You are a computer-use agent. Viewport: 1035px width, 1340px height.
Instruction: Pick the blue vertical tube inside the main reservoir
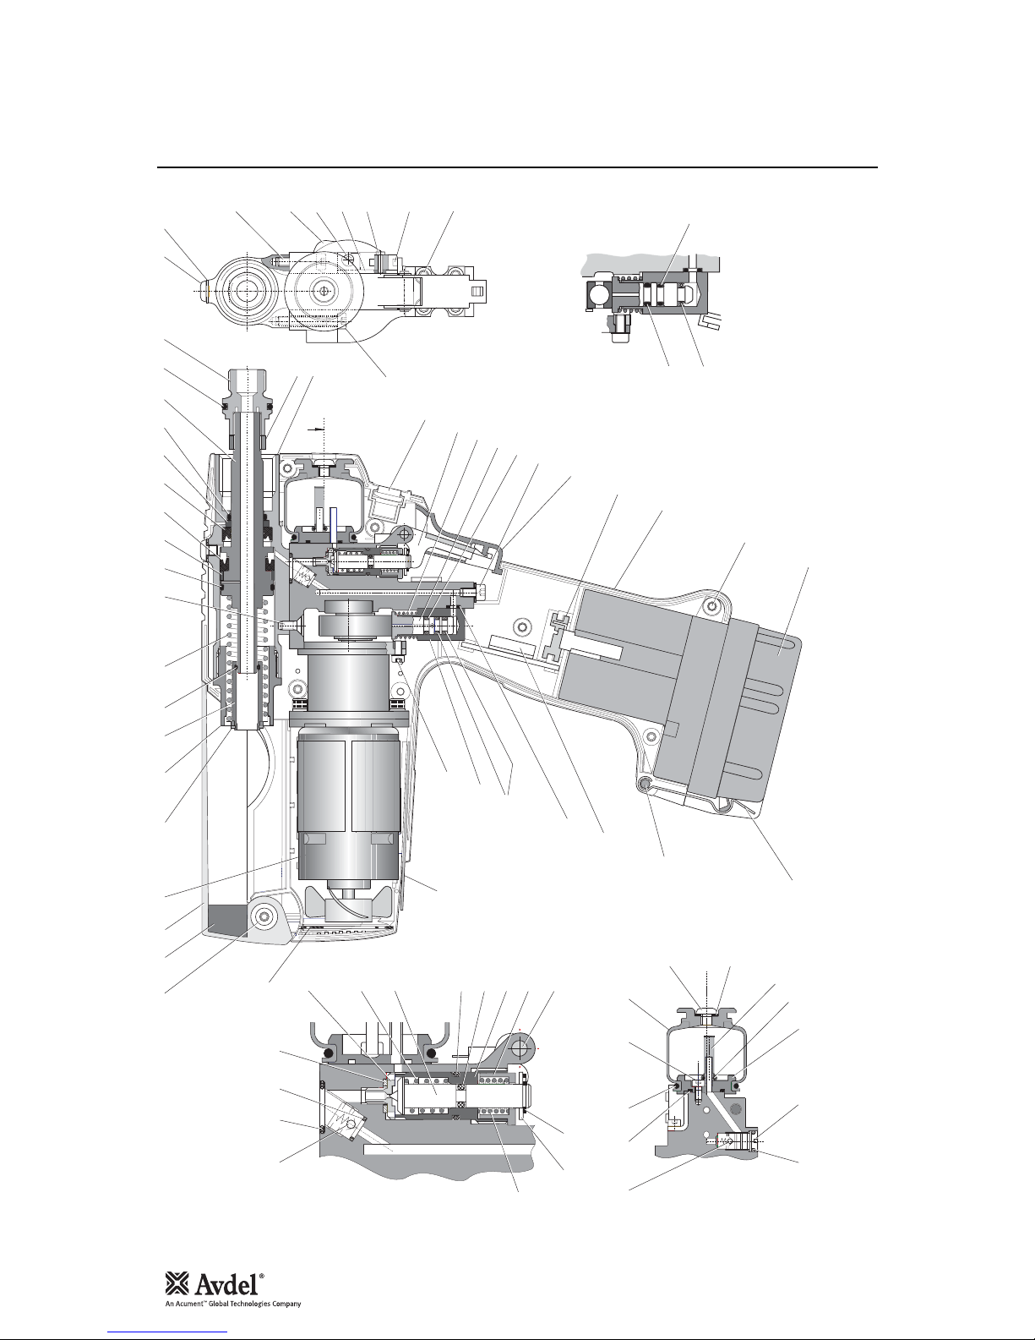[x=334, y=522]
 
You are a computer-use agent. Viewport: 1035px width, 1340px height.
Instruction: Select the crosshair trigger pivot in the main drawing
[x=405, y=532]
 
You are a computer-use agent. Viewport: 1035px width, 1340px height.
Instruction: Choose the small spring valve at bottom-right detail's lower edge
[x=736, y=1141]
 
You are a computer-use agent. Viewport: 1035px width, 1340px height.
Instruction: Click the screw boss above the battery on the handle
[x=713, y=607]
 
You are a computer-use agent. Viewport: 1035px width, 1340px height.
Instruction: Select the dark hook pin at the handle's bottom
[x=646, y=783]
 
